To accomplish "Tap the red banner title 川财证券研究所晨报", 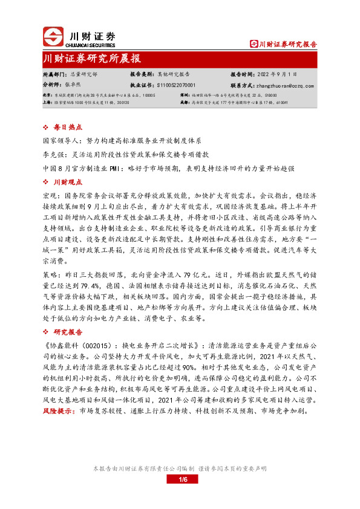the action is tap(92, 59).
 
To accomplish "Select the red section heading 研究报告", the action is tap(67, 332).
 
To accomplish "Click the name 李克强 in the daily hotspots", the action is tap(54, 154).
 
